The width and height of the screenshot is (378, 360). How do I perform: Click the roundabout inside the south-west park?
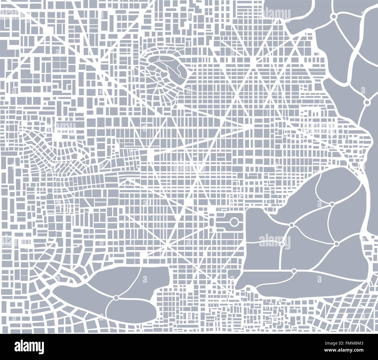pos(116,298)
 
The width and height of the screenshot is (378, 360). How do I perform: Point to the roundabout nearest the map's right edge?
pos(367,102)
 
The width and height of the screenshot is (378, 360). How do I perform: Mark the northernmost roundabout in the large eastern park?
pos(332,205)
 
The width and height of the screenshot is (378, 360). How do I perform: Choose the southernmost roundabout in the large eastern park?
pos(294,271)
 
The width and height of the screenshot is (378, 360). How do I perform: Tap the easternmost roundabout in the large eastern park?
pos(336,243)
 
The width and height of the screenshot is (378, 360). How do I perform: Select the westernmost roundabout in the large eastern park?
pos(291,225)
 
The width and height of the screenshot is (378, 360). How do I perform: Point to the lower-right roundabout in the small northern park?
pos(180,76)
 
